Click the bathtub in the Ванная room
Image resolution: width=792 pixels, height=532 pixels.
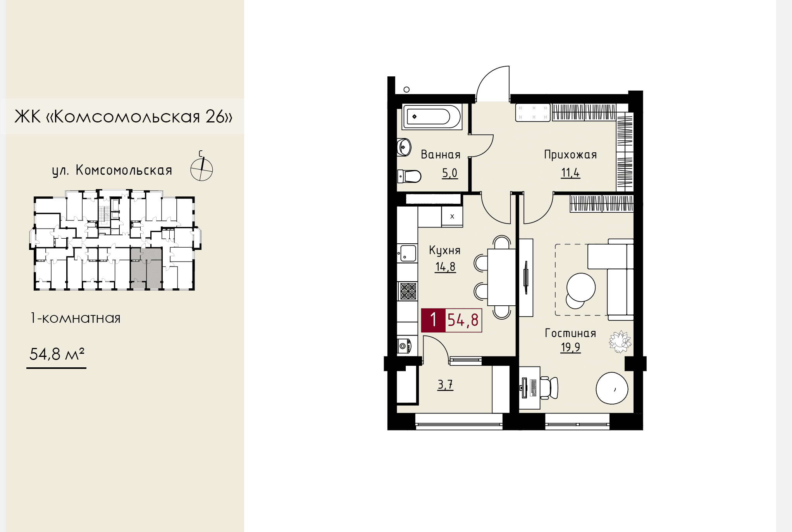point(432,116)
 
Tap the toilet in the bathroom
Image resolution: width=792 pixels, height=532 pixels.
point(409,176)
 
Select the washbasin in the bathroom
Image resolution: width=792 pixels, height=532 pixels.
point(404,147)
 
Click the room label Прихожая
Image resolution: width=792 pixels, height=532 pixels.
point(570,155)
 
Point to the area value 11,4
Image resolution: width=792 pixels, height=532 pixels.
point(570,173)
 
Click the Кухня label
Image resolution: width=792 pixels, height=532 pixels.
point(444,251)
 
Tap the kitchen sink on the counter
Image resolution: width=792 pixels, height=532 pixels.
point(408,253)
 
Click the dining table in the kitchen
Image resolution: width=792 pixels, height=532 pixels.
point(501,277)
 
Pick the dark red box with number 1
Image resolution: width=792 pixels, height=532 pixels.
point(433,320)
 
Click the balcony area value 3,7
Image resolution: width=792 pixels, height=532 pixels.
point(445,385)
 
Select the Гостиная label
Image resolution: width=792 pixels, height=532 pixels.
point(570,333)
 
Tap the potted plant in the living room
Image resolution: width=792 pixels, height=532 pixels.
point(620,342)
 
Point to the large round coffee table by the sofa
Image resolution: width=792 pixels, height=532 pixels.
point(581,287)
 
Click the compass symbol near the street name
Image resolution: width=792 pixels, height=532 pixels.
point(201,169)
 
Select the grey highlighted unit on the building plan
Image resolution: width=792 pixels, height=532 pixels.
point(146,268)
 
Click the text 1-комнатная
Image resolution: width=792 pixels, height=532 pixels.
point(76,318)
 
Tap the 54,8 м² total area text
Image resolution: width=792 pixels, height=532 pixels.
point(57,354)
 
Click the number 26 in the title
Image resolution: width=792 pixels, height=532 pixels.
point(215,116)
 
